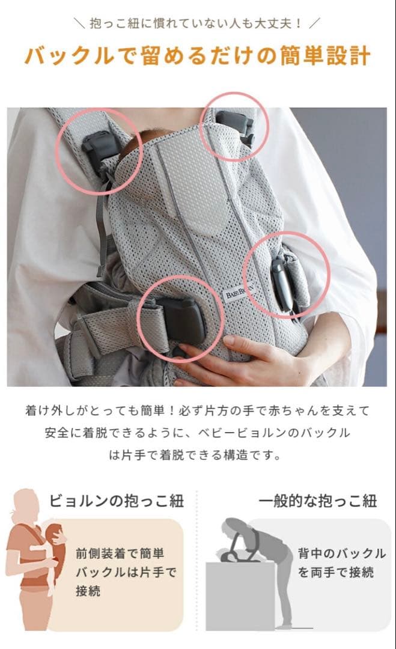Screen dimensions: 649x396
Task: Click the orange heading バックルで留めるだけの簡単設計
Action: point(198,55)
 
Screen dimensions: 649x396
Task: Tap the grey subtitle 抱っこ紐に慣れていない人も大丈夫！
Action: point(198,24)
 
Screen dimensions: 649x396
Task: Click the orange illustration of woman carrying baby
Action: point(36,559)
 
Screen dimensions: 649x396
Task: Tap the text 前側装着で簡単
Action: point(120,553)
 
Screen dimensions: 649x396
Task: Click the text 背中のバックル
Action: point(342,553)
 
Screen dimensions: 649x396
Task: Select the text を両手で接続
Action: point(336,572)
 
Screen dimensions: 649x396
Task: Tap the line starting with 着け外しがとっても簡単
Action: point(198,411)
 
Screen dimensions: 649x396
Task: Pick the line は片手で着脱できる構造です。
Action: point(198,455)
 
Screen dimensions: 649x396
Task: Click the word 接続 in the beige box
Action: point(89,591)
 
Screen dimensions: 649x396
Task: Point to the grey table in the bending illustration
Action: point(240,595)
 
